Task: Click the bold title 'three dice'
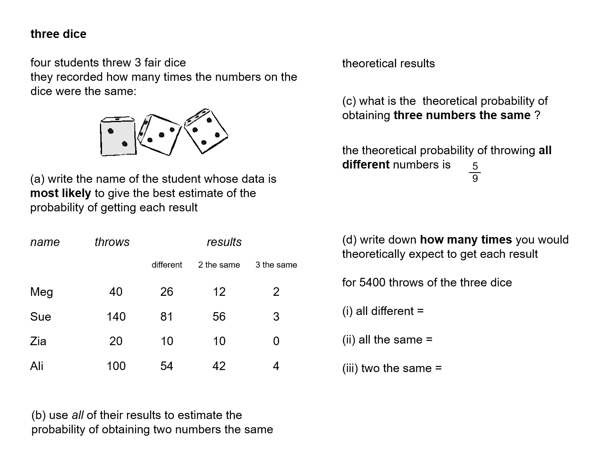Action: coord(58,34)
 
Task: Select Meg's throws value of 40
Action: coord(116,292)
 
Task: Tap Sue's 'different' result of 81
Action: coord(166,317)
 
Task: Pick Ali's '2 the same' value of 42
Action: coord(219,366)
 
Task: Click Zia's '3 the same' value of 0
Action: coord(276,341)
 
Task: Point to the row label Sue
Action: coord(40,317)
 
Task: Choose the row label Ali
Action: coord(37,366)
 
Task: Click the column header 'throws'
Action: coord(112,242)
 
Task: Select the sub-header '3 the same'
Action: coord(276,265)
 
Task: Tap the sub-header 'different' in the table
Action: coord(166,265)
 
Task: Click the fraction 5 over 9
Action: coord(475,172)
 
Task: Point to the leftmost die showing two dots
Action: coord(118,137)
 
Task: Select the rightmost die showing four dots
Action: coord(206,131)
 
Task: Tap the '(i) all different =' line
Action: coord(383,311)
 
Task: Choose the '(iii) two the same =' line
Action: coord(392,368)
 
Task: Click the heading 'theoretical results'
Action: coord(388,64)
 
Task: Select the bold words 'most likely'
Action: coord(60,193)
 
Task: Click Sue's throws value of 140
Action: coord(116,317)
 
